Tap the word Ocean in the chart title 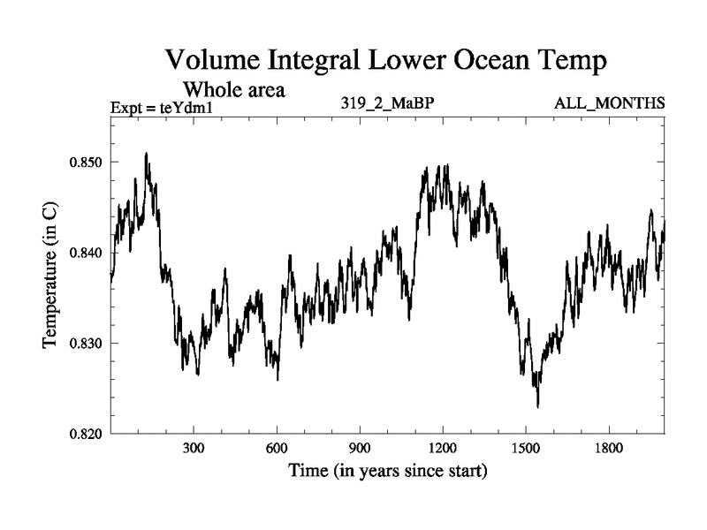(x=472, y=62)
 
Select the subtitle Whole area (x=233, y=89)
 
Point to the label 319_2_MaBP (x=387, y=103)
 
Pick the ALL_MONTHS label (x=610, y=103)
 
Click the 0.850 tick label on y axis (x=84, y=163)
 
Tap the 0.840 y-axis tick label (x=84, y=254)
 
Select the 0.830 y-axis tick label (x=84, y=344)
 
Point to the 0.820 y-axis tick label (x=84, y=434)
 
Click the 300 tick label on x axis (x=194, y=449)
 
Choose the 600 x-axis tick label (x=277, y=449)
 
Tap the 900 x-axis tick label (x=360, y=449)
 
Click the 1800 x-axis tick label (x=608, y=449)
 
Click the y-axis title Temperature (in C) (x=51, y=274)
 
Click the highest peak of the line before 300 (x=146, y=154)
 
